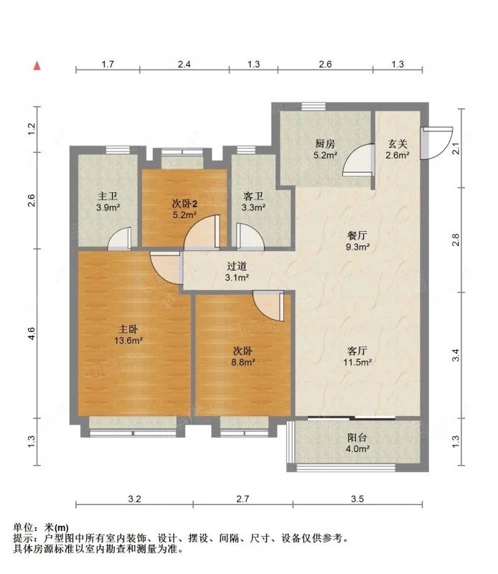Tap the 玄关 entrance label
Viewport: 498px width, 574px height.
coord(397,142)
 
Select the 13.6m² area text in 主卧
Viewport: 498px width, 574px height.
coord(131,341)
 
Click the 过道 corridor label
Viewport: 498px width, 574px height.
coord(237,265)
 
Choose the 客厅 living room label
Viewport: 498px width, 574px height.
coord(357,351)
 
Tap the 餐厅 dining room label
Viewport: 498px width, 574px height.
coord(357,235)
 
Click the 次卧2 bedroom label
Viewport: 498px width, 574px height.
coord(184,204)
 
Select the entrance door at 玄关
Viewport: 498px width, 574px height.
coord(436,143)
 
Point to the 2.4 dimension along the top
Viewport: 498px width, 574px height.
coord(184,65)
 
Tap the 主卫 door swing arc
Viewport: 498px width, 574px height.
coord(120,238)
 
